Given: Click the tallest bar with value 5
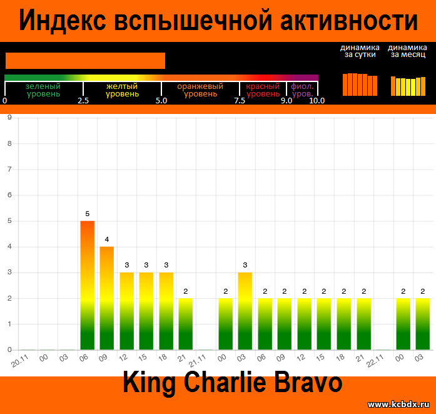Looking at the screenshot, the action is (88, 285).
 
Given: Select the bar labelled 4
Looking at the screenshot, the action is (107, 298).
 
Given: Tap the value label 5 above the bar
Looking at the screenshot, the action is (88, 214).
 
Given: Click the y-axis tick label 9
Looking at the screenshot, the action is (10, 118).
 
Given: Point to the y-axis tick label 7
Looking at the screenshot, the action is (10, 169).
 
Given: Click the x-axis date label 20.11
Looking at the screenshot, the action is (20, 361).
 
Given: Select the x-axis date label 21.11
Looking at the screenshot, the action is (197, 361).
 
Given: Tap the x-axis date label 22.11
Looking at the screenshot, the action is (375, 361).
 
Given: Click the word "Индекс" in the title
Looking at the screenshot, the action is (63, 20).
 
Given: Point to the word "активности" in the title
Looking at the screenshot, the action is (349, 20).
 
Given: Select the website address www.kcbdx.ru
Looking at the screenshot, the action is (398, 404).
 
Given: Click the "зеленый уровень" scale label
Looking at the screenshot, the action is (43, 90).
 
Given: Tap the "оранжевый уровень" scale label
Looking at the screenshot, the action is (200, 90).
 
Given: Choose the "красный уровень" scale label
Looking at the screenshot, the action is (263, 90).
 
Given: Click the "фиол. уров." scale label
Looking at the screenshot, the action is (302, 90).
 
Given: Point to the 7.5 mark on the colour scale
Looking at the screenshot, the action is (240, 100).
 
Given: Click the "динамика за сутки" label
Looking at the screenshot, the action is (360, 51).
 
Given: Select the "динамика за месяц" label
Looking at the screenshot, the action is (408, 51).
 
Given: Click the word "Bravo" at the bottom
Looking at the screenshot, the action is (308, 382).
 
